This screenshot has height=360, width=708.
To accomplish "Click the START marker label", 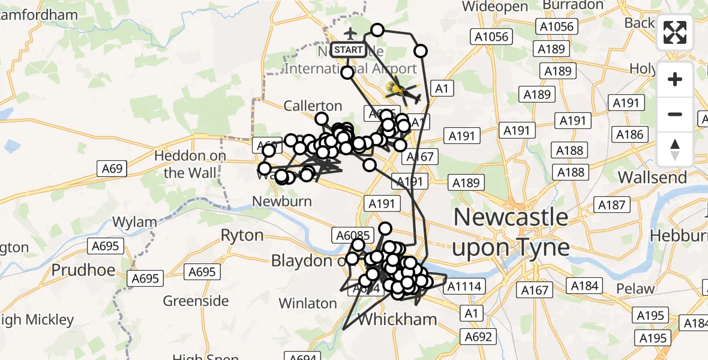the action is [348, 50].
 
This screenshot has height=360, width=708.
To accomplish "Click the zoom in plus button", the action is [675, 79].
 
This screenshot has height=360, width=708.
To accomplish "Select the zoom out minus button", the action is [675, 114].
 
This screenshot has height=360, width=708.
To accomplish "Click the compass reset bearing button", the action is [675, 149].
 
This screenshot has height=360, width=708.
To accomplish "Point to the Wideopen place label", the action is [496, 7].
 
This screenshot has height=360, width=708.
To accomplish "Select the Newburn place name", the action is [282, 201].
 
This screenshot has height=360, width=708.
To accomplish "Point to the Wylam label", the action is [135, 222].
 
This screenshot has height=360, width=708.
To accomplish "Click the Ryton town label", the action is [242, 235].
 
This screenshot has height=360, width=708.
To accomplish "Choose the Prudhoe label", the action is [83, 270].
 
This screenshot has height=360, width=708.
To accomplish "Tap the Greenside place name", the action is [196, 301].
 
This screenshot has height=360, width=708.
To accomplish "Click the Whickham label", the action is [397, 319].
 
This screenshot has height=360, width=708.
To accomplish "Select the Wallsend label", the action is [652, 178].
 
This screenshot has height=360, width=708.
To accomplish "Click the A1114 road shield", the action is [466, 287].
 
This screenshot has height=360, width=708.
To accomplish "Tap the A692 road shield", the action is [478, 337].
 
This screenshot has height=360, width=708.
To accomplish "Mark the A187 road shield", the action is [611, 205].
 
